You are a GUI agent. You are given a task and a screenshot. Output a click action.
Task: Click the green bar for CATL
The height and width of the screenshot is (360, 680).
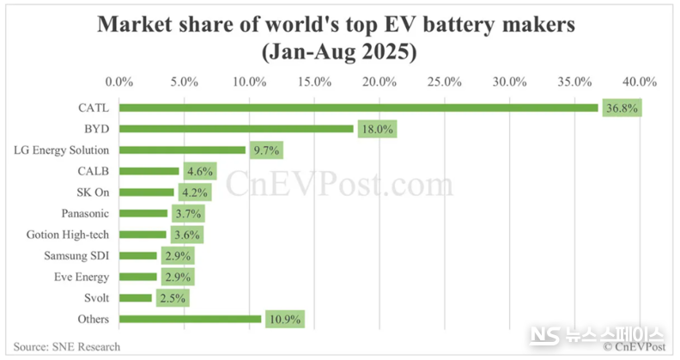[358, 107]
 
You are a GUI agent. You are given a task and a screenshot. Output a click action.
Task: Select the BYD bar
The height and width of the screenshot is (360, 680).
[236, 129]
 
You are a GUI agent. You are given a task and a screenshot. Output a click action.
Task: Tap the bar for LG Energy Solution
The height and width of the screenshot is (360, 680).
[182, 149]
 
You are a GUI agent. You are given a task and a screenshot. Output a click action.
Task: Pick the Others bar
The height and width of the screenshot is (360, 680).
[190, 319]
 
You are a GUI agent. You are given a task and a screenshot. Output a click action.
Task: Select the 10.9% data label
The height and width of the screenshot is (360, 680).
[284, 319]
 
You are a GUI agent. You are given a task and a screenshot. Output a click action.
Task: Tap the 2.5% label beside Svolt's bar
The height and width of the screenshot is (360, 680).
[171, 297]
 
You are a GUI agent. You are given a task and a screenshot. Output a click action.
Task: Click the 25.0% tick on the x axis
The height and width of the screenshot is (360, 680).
[445, 82]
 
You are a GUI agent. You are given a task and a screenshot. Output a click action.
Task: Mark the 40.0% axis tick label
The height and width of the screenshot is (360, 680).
[640, 82]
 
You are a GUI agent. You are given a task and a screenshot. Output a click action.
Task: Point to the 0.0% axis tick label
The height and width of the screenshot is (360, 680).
[119, 82]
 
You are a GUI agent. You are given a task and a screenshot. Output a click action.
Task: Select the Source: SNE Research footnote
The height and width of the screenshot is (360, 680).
[67, 346]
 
